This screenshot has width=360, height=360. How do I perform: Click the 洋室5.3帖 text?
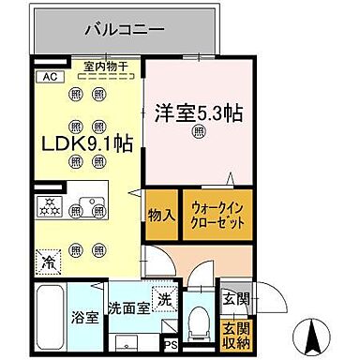pos(199,112)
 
